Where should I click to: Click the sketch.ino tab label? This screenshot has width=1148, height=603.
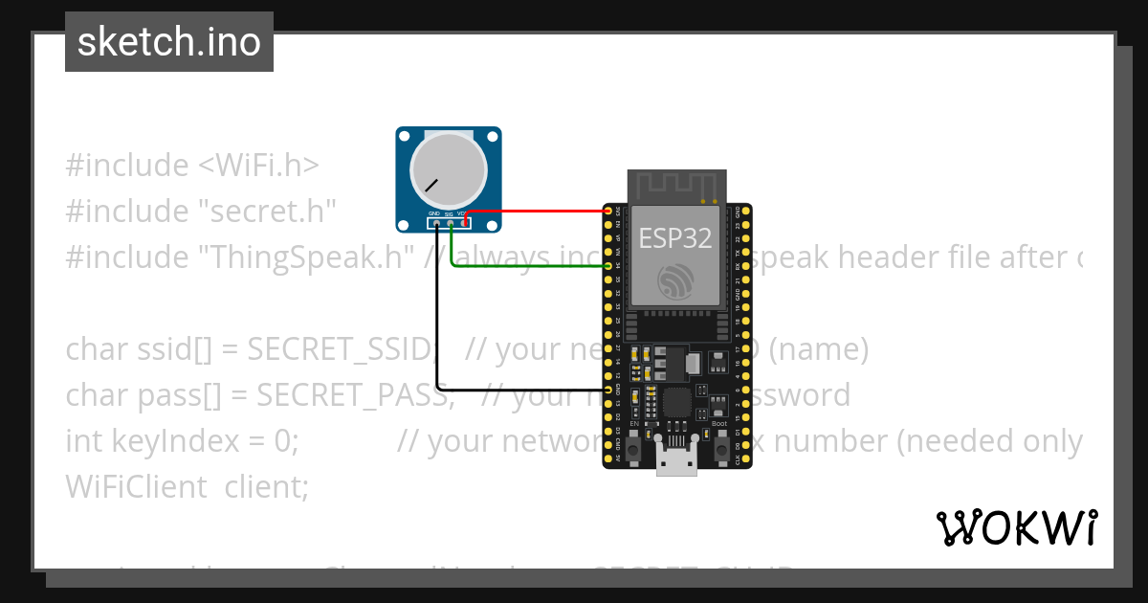point(169,42)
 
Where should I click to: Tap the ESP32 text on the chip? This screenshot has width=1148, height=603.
point(675,237)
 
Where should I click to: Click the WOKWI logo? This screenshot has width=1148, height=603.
point(1016,527)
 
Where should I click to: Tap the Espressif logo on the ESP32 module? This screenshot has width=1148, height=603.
point(675,280)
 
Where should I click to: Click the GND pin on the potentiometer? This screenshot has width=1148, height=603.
point(436,224)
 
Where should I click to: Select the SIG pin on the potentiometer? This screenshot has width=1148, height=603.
point(450,224)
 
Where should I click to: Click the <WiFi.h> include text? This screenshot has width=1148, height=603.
point(257,166)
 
